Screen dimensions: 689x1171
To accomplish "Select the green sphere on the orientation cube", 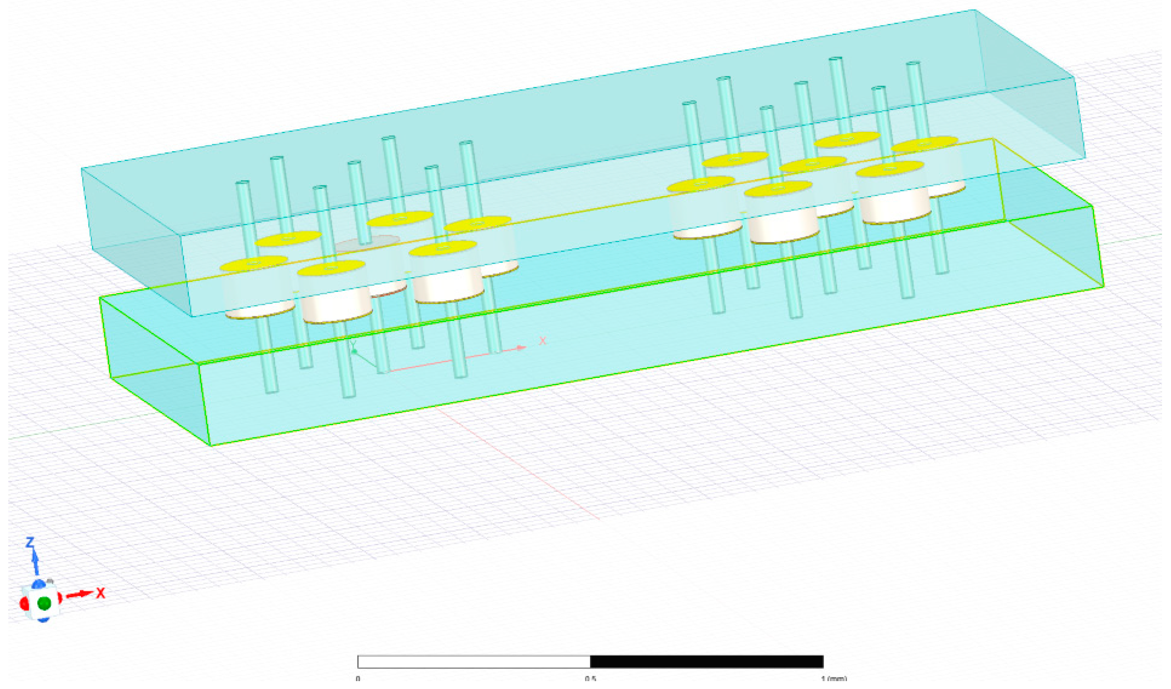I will [x=44, y=603].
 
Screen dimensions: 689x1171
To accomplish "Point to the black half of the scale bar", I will [x=706, y=662].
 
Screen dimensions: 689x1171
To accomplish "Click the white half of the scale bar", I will [x=474, y=662].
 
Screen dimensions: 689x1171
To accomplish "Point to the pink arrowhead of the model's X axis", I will [x=522, y=347].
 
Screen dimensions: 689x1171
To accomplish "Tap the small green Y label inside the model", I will [x=353, y=344].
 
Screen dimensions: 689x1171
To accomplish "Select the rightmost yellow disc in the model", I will [x=925, y=144].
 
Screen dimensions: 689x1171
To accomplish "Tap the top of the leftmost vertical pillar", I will [x=243, y=184].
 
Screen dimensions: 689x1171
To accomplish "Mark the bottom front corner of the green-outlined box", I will [x=211, y=445].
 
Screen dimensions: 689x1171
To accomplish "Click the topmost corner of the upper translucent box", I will [x=974, y=10].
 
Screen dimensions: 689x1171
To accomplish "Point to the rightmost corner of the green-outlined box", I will [x=1103, y=287].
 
